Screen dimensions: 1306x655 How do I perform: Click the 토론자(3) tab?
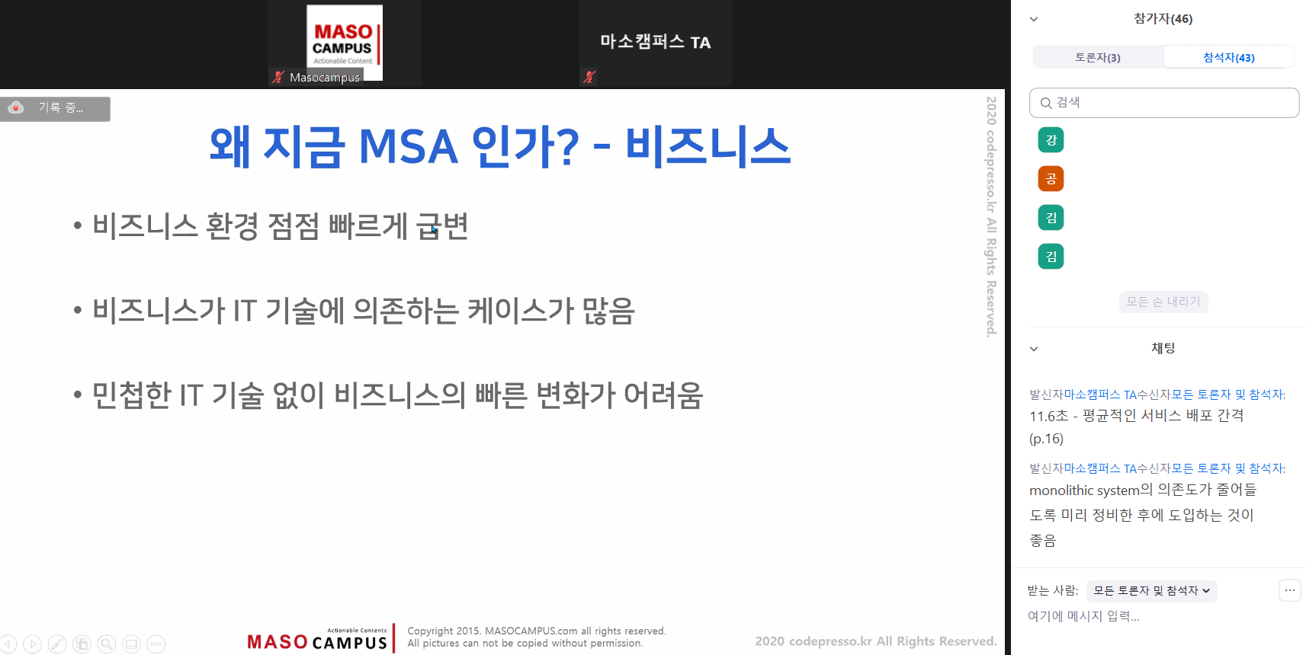coord(1098,57)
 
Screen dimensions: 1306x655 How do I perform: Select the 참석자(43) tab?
coord(1228,57)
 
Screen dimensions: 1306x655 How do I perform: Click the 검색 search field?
coord(1163,103)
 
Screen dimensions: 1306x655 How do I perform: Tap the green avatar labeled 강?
coord(1051,140)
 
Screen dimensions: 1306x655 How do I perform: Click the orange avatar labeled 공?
coord(1051,179)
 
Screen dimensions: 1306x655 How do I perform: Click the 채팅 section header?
coord(1163,348)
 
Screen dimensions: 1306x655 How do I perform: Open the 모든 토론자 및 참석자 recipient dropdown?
coord(1151,590)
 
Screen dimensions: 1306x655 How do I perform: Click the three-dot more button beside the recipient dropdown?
coord(1290,590)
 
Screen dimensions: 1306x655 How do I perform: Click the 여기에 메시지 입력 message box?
coord(1083,616)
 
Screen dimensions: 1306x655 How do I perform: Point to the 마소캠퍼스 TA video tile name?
coord(656,42)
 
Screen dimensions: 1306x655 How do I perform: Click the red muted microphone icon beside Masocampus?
coord(278,77)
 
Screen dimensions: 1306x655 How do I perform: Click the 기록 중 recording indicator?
coord(56,108)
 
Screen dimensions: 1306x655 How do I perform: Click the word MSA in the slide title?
coord(408,147)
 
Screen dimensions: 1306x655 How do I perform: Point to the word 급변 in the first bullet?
coord(442,226)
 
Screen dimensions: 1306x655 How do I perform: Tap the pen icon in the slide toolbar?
coord(56,644)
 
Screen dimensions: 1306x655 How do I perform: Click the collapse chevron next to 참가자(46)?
coord(1034,19)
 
